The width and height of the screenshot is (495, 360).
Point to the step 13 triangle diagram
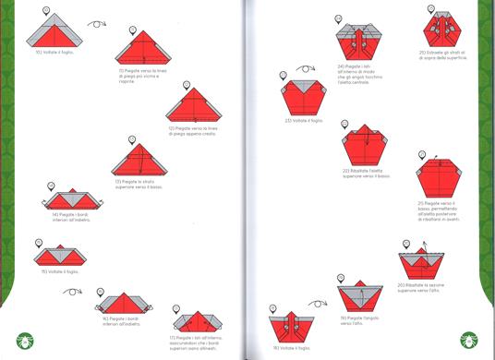pyautogui.click(x=139, y=161)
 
